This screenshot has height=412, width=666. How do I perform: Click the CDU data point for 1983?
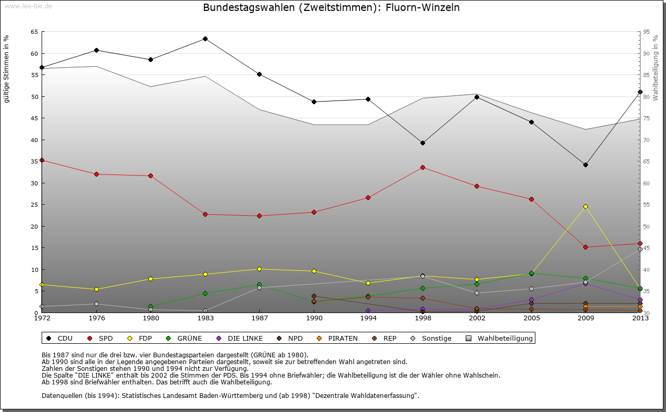pos(205,39)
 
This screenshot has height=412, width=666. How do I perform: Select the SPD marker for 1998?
pos(422,167)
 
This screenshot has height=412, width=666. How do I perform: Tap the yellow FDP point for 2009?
pos(585,206)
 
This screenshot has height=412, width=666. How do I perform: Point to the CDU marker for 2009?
pos(585,165)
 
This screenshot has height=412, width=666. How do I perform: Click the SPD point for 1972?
pos(42,160)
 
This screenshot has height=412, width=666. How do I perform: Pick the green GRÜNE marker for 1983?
pos(205,293)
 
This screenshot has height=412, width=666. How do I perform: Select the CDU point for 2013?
pos(640,92)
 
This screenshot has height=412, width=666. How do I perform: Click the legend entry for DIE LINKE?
pos(245,339)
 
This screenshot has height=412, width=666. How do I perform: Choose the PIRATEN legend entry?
pos(342,339)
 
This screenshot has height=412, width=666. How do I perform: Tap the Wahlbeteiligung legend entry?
pos(505,339)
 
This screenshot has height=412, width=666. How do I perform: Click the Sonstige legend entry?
pos(437,339)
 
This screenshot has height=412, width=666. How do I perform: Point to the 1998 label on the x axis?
pos(422,318)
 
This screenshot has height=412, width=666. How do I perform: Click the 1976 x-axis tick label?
pos(96,318)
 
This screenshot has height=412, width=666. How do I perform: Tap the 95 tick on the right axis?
pos(646,32)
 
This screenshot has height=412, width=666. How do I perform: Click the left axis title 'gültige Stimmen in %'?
pos(7,69)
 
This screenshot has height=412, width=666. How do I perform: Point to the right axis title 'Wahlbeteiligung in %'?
pos(656,68)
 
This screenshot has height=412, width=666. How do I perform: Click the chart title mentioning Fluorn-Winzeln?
pos(331,8)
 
